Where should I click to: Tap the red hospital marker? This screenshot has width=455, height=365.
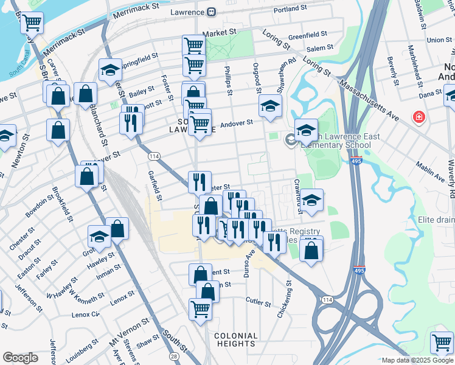pyautogui.click(x=419, y=117)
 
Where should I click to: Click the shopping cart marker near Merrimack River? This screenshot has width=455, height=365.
pyautogui.click(x=32, y=23)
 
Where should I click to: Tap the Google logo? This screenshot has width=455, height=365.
pyautogui.click(x=20, y=358)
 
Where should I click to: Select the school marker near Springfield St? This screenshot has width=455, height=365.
pyautogui.click(x=109, y=70)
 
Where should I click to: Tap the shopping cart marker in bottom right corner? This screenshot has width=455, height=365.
pyautogui.click(x=441, y=342)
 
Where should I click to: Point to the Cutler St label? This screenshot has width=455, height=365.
pyautogui.click(x=259, y=301)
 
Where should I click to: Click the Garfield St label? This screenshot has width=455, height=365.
pyautogui.click(x=154, y=186)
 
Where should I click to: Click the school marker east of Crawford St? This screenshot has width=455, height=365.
pyautogui.click(x=311, y=200)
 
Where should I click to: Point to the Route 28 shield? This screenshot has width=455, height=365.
pyautogui.click(x=175, y=355)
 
